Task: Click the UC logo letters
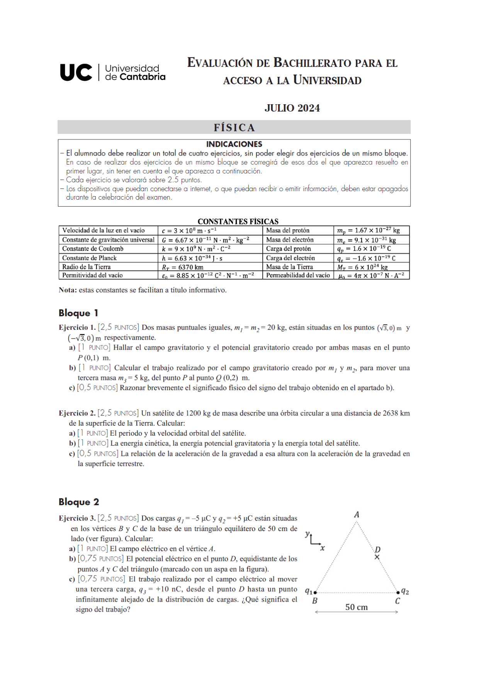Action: tap(76, 72)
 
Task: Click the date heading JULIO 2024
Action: tap(292, 108)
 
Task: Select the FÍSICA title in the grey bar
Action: tap(234, 127)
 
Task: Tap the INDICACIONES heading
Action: tap(234, 144)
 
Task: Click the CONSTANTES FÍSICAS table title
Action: tap(238, 221)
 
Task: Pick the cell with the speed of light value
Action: tap(189, 231)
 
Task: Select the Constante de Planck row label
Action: tap(90, 258)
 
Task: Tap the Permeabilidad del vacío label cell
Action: tap(298, 275)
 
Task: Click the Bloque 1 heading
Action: tap(78, 313)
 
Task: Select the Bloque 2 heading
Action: tap(79, 502)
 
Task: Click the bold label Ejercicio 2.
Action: tap(77, 413)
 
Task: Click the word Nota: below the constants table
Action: tap(68, 290)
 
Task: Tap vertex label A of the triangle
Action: tap(357, 514)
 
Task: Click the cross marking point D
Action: tap(377, 557)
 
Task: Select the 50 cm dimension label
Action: tap(356, 607)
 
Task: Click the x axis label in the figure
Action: tap(323, 548)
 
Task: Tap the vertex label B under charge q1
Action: tap(315, 601)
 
